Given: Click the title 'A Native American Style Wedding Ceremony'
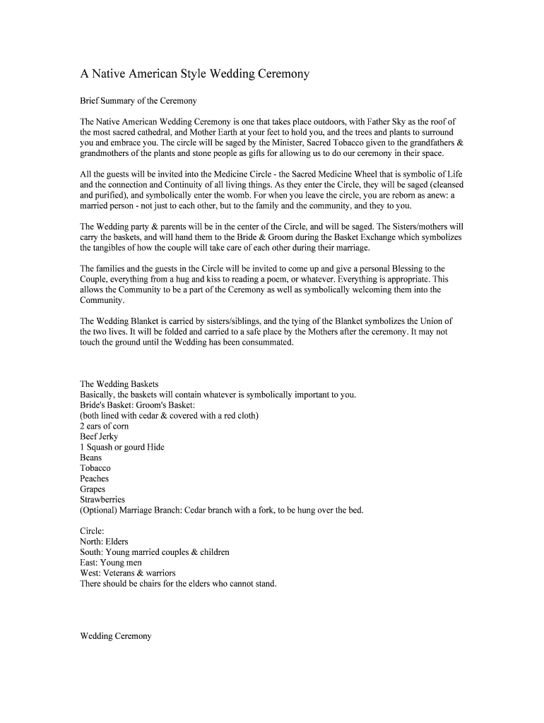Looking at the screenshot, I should pos(194,74).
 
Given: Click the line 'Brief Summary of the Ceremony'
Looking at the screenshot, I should pos(138,101).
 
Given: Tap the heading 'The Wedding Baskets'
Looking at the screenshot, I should pos(119,384).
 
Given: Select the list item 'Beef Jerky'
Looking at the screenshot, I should pos(99,436).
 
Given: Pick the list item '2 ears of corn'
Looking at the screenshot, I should pos(104,426).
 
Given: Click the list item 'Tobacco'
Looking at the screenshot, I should pos(95,468).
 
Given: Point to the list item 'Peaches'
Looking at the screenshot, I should pos(95,479).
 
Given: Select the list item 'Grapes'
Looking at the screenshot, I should pos(93,489).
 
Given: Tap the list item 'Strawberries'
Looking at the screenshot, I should pos(102,499).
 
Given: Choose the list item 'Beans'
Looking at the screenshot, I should pos(91,458).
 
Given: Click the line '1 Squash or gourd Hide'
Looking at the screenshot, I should pos(122,447).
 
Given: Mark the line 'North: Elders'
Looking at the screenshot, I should pos(105,542).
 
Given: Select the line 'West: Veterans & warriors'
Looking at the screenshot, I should pos(128,573).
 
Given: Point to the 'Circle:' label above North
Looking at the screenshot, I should pos(93,531).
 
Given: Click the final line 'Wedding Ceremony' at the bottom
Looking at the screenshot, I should pos(116,636).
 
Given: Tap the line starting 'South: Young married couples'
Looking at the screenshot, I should pos(155,552).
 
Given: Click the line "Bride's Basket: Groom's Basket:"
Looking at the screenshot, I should pos(137,405).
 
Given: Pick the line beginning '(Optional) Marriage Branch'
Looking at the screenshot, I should pos(222,510).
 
